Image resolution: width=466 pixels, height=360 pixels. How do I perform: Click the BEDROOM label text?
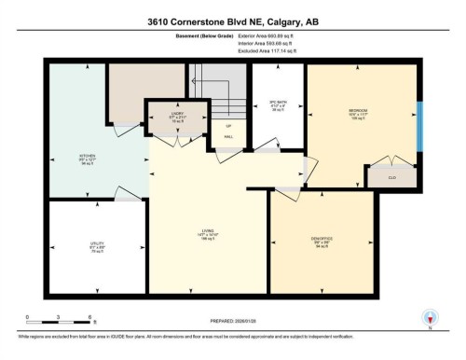[x=357, y=111]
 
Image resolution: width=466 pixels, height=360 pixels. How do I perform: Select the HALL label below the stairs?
[x=227, y=136]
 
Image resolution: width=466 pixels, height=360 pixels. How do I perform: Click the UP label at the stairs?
[x=227, y=124]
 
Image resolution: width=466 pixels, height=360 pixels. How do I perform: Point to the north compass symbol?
[x=431, y=318]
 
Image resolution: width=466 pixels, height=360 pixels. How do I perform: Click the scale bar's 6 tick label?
[x=89, y=318]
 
